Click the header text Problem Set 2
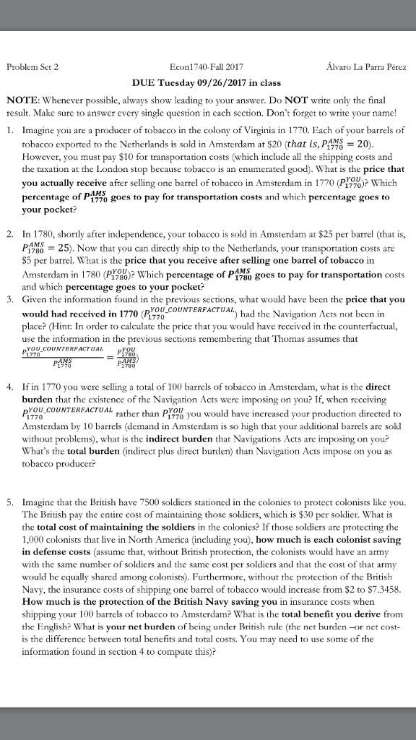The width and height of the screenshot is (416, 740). point(32,66)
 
